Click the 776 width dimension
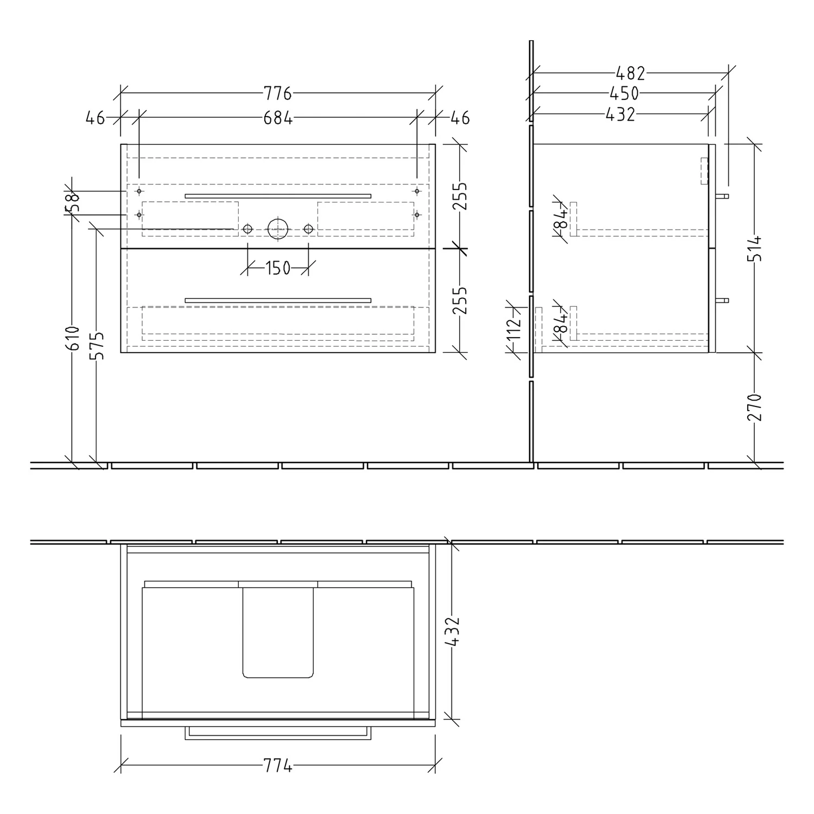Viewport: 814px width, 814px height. click(278, 94)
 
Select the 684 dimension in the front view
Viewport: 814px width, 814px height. click(278, 118)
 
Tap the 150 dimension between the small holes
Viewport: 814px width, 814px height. click(278, 268)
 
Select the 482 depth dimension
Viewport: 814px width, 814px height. click(630, 72)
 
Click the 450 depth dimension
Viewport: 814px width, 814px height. click(624, 93)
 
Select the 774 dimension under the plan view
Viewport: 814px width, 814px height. click(278, 766)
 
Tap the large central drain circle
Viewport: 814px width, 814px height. click(278, 228)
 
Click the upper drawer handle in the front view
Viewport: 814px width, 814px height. click(278, 196)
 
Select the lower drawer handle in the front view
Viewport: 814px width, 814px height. click(278, 300)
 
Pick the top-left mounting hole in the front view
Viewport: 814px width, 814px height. click(139, 191)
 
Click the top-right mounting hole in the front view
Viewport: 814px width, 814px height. click(417, 191)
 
